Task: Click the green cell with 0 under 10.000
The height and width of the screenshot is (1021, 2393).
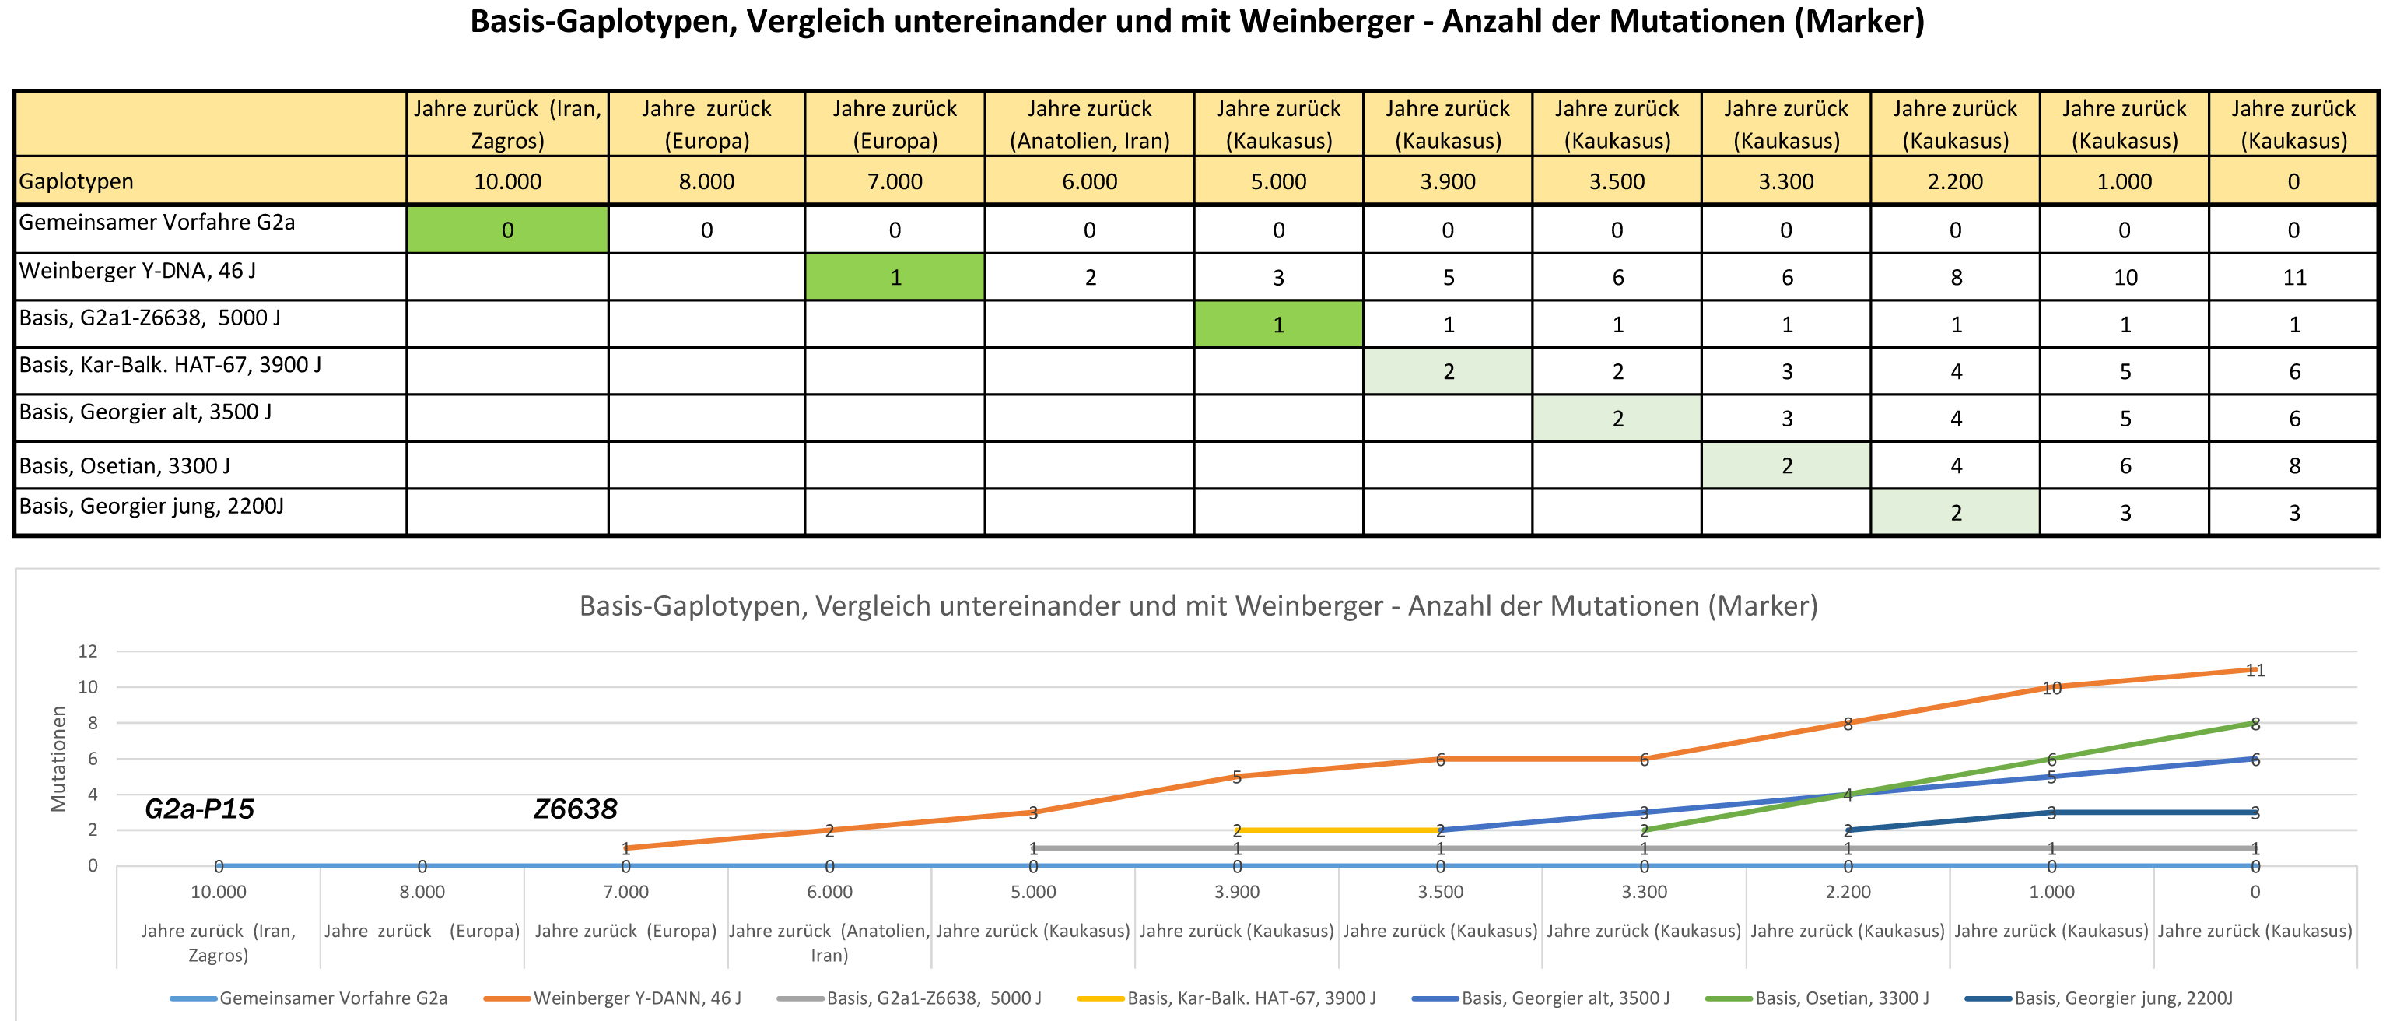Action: [507, 230]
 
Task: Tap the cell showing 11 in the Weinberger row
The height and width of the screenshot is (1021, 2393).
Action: [2293, 277]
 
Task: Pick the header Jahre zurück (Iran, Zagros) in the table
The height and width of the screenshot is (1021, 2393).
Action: [507, 124]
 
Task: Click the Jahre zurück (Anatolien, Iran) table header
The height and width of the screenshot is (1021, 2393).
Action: [1088, 124]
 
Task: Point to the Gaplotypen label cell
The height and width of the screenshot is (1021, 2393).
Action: [76, 181]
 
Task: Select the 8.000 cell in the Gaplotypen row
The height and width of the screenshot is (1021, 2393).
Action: [706, 181]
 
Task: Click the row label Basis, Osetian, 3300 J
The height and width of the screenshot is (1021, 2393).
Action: [124, 465]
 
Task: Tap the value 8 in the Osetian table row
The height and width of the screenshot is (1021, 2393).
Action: [2293, 465]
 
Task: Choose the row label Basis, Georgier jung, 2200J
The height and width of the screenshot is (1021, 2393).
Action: [152, 507]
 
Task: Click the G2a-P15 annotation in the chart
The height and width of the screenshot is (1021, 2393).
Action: [199, 809]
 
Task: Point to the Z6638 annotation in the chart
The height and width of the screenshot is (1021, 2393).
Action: [575, 809]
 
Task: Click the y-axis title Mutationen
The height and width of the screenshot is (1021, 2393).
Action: [58, 758]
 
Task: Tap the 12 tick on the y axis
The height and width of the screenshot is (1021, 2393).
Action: [87, 651]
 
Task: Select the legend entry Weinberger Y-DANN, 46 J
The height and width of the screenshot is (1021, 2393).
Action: [636, 998]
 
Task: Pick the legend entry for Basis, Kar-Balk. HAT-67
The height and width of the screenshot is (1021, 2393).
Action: [1250, 998]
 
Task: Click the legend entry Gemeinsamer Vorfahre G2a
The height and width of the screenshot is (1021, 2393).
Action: [332, 998]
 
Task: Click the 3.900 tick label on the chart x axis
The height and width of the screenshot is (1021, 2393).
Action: [1236, 892]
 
